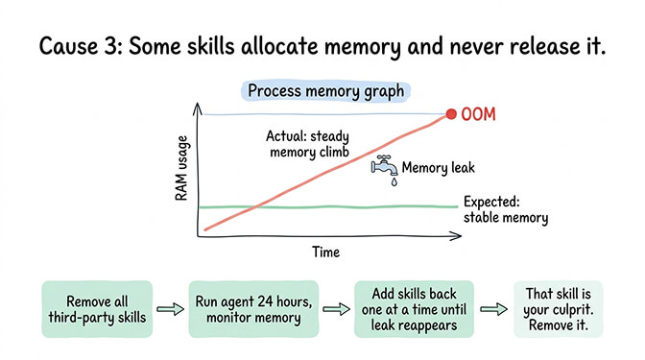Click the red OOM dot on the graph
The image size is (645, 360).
(x=451, y=115)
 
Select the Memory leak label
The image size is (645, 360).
(x=438, y=168)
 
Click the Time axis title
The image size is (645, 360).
(x=324, y=252)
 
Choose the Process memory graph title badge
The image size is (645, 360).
(x=327, y=91)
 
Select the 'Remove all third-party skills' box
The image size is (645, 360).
(x=97, y=308)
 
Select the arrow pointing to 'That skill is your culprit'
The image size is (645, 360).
(x=492, y=309)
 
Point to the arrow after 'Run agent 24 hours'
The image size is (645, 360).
(x=335, y=309)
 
